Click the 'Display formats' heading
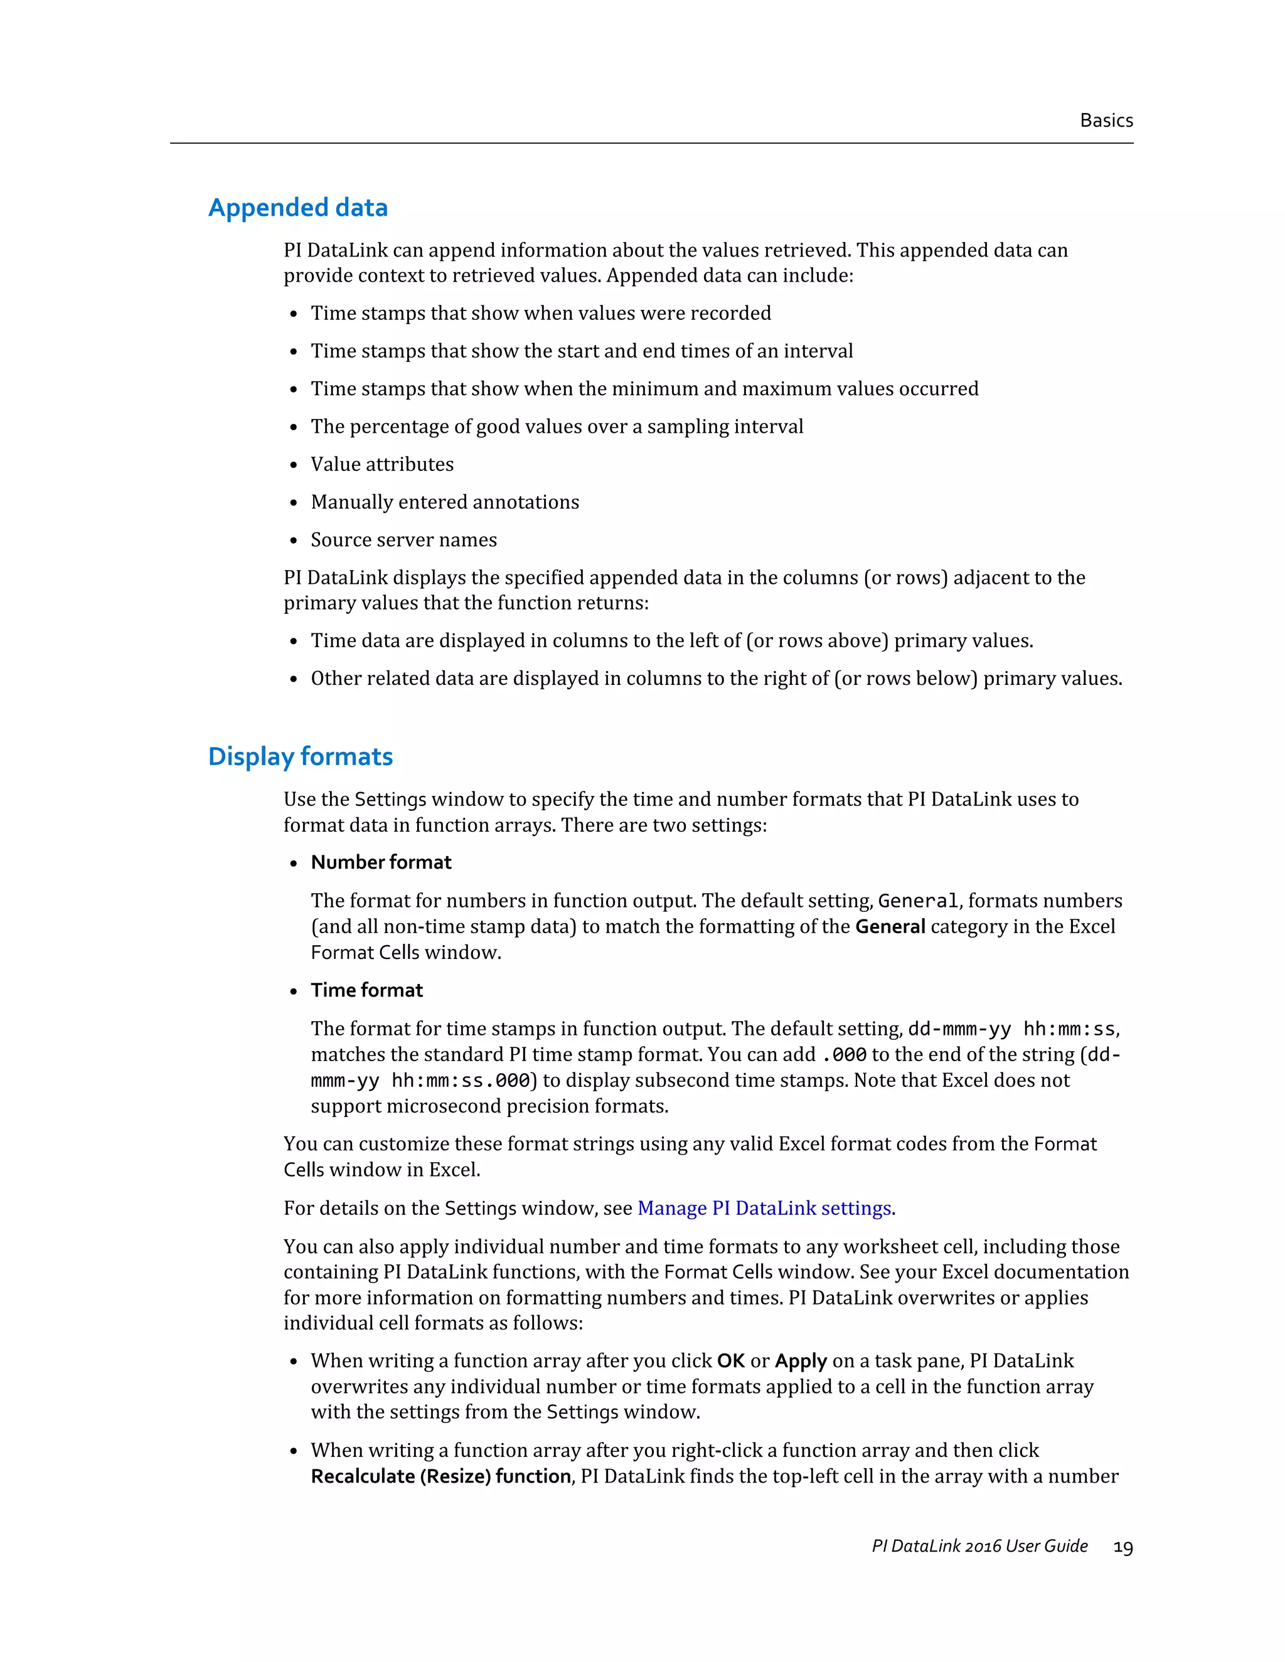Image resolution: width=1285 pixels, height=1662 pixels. [x=300, y=756]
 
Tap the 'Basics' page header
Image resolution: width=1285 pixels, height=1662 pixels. [x=1106, y=120]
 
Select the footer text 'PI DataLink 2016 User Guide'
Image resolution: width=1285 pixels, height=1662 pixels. [x=979, y=1545]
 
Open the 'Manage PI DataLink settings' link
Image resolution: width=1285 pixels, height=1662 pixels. [x=764, y=1208]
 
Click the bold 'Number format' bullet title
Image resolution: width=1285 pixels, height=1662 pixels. [x=381, y=862]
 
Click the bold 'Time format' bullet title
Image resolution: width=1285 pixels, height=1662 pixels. [x=366, y=990]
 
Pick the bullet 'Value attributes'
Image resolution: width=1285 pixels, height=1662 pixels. [x=381, y=464]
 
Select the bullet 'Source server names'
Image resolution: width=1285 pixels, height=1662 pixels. [x=403, y=539]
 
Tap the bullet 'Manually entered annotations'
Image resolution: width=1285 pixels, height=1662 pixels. [x=445, y=502]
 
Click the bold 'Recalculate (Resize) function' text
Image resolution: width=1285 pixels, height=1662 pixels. [x=440, y=1476]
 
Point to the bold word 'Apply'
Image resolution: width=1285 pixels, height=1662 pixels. [x=800, y=1361]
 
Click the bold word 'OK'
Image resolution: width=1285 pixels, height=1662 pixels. [x=730, y=1361]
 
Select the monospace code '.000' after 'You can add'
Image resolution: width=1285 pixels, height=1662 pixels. [x=845, y=1055]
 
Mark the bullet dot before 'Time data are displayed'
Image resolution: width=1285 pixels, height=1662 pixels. [x=294, y=642]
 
